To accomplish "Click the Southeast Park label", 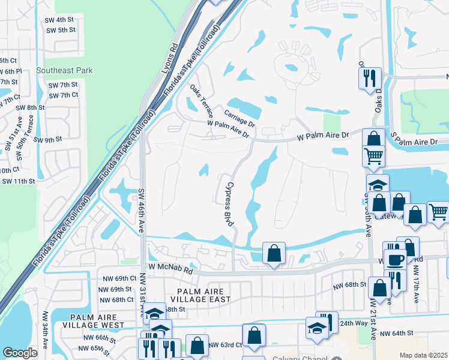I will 64,70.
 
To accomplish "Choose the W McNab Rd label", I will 171,271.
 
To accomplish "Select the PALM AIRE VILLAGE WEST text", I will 97,321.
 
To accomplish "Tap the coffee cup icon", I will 395,259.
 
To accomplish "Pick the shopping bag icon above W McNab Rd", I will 274,253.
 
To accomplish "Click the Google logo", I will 20,352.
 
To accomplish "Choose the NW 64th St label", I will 397,333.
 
